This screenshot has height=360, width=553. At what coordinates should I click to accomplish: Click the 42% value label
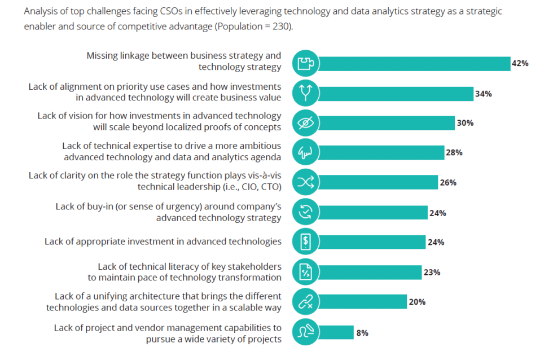point(519,63)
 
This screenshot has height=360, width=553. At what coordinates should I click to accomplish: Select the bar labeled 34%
point(395,94)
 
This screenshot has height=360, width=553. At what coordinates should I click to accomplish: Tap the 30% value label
point(465,123)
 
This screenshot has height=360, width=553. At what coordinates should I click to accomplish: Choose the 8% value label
point(362,333)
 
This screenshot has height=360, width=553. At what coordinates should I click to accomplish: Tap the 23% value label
point(432,273)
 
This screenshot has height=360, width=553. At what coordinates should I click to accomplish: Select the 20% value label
point(416,302)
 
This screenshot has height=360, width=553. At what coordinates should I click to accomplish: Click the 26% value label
point(448,183)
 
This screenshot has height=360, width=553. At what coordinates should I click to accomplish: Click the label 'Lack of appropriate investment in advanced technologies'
point(163,242)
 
